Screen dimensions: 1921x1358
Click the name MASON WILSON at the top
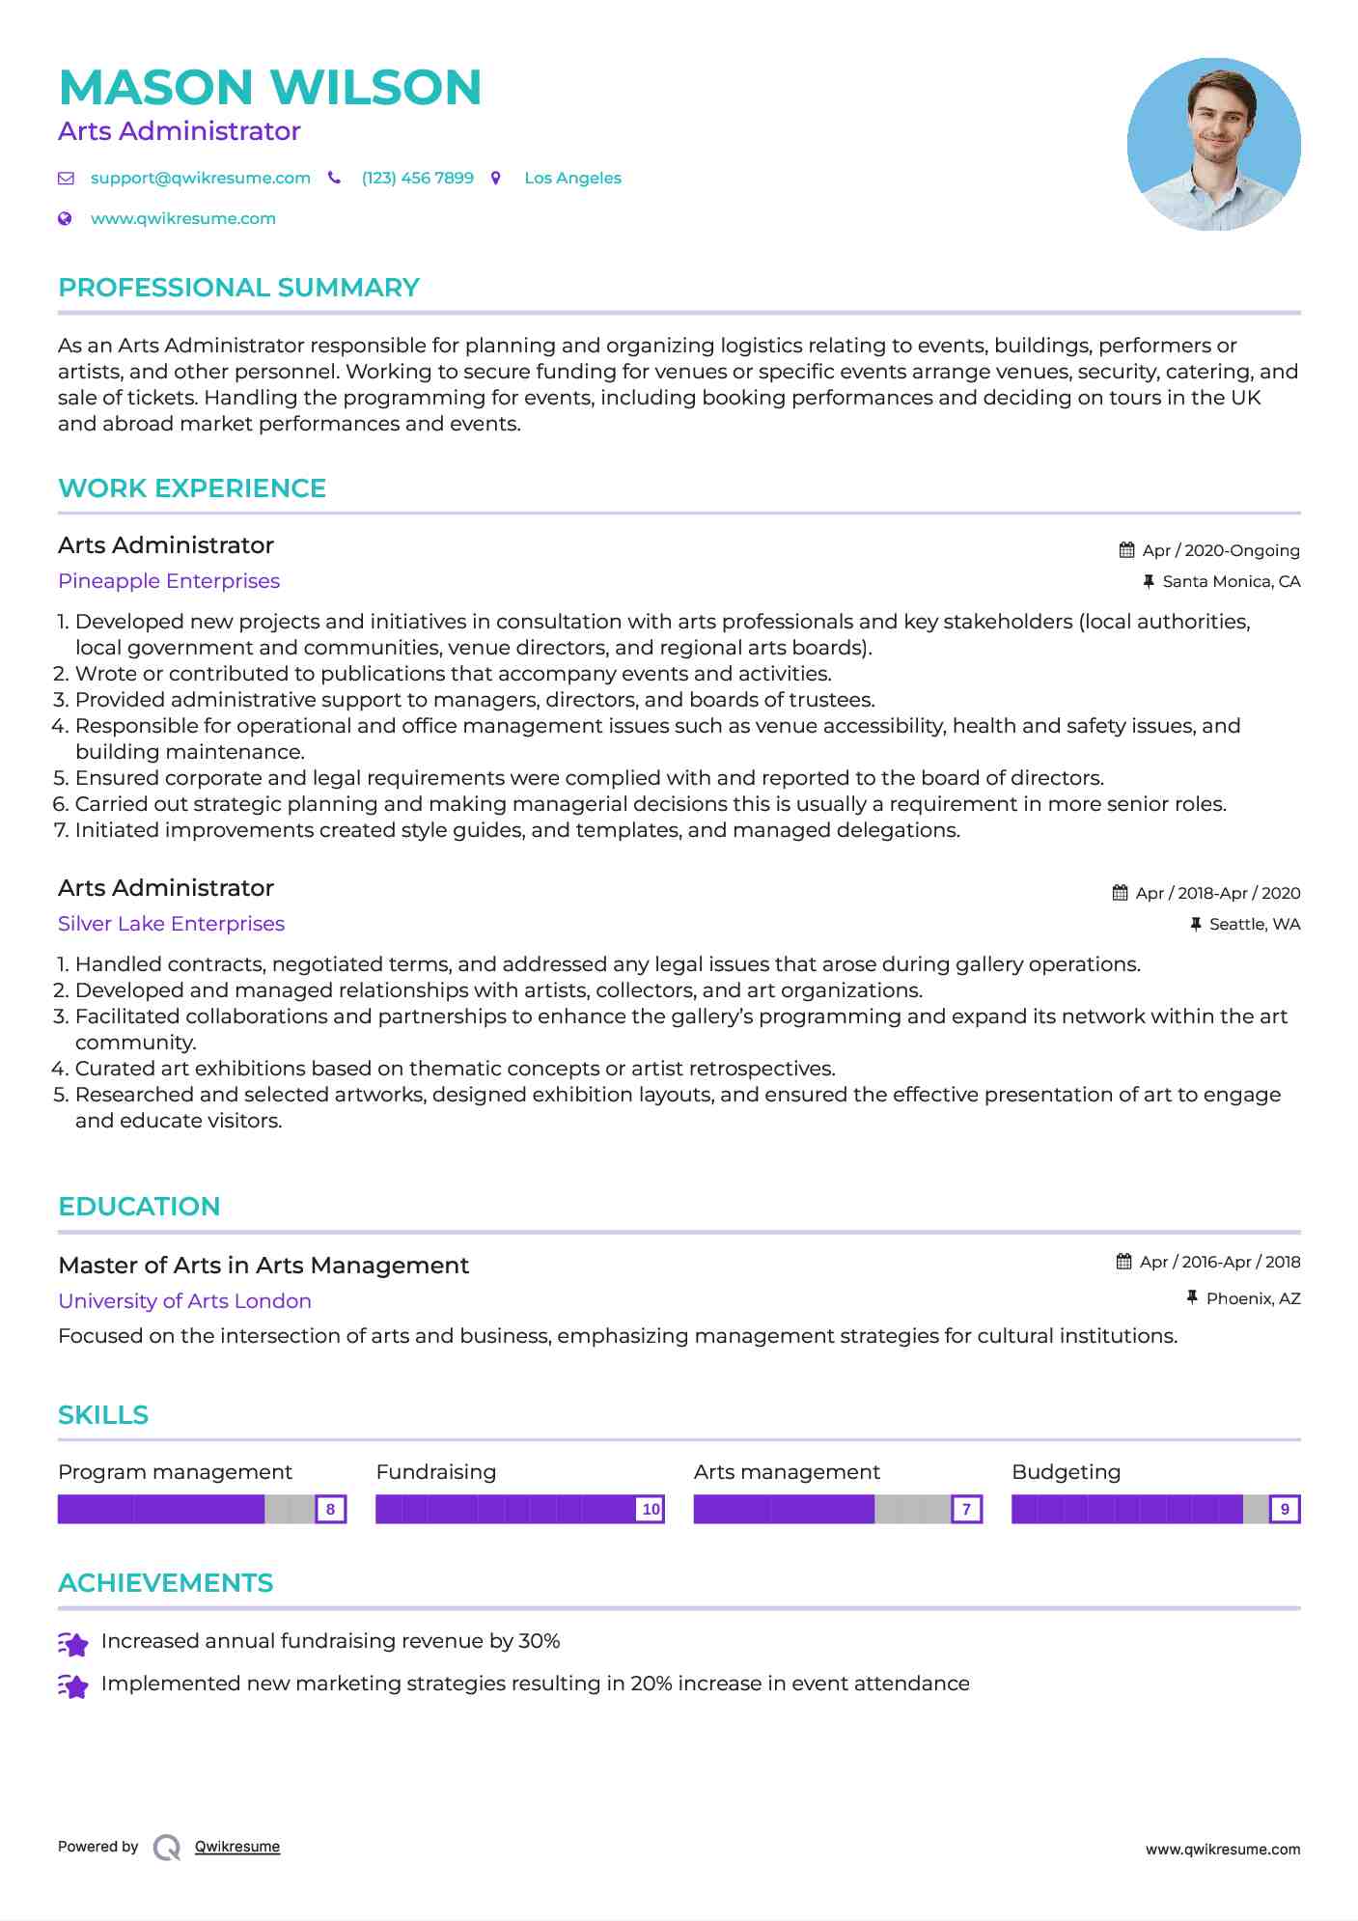[x=270, y=87]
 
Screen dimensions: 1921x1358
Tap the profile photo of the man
[x=1213, y=144]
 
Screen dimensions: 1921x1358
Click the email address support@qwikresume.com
[x=200, y=178]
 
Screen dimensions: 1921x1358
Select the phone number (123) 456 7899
[x=417, y=178]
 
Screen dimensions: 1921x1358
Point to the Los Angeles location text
[x=572, y=178]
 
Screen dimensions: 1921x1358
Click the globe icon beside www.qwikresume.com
[x=66, y=218]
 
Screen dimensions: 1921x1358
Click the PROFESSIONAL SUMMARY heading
[x=238, y=288]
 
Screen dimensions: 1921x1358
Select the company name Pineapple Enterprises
[x=169, y=581]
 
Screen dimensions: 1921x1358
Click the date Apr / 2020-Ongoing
[x=1220, y=550]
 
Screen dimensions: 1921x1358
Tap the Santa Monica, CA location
[x=1231, y=581]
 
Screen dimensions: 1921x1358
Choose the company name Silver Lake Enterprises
[x=171, y=924]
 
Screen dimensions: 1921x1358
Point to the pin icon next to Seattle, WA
[x=1196, y=924]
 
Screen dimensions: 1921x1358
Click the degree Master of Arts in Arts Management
[x=263, y=1266]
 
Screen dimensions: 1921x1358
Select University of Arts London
[x=184, y=1301]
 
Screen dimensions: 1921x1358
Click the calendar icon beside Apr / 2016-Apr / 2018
[x=1123, y=1262]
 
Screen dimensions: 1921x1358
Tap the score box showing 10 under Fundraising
[x=651, y=1509]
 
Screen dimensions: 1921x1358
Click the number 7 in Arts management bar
[x=966, y=1509]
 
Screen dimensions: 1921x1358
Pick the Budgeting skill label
[x=1066, y=1472]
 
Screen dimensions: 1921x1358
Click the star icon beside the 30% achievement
[x=73, y=1643]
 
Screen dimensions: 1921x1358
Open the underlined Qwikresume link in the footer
[x=237, y=1847]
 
